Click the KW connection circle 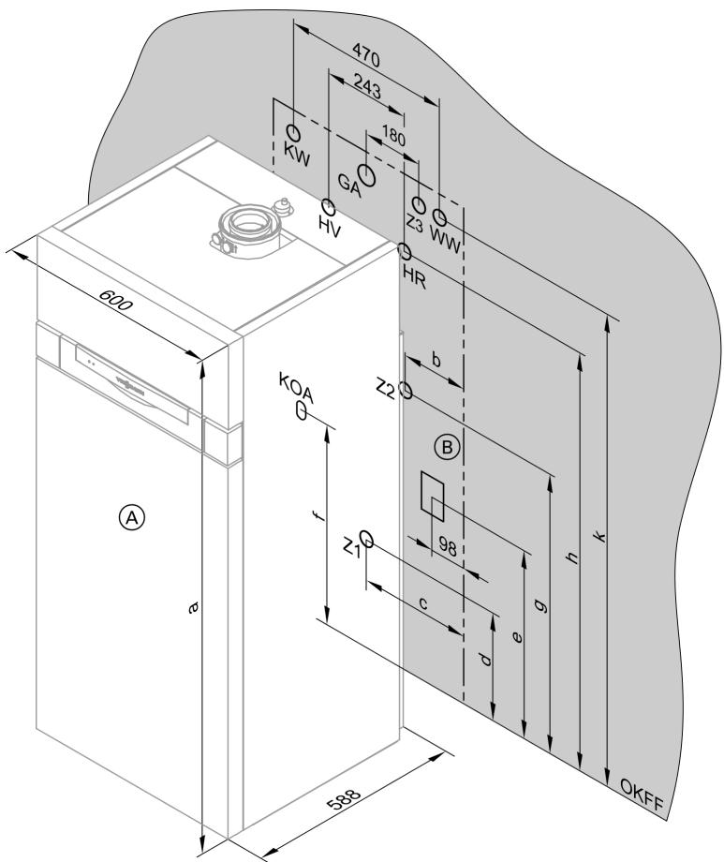293,132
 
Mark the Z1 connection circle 367,540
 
